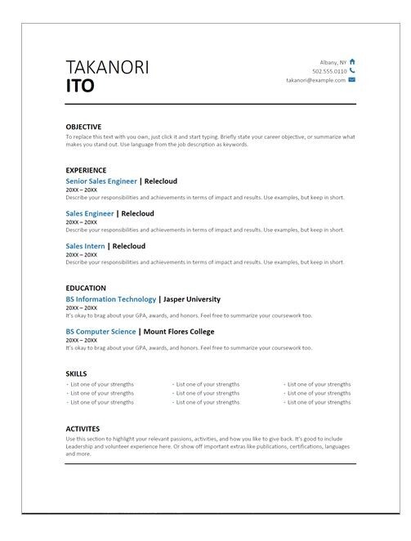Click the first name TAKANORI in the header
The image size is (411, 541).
tap(107, 67)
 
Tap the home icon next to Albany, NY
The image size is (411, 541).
tap(352, 61)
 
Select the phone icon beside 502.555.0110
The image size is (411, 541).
tap(352, 71)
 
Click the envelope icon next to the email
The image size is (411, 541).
tap(352, 80)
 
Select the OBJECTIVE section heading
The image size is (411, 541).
tap(83, 127)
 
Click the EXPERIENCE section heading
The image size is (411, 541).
tap(86, 171)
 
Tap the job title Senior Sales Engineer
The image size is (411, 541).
tap(101, 181)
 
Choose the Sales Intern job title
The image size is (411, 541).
tap(85, 245)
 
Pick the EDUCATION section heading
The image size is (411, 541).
tap(86, 288)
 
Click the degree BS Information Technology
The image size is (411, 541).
tap(110, 299)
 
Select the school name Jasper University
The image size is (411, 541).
tap(199, 299)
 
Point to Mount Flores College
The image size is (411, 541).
tap(178, 332)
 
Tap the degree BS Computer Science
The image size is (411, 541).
tap(100, 332)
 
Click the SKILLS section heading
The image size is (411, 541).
tap(76, 373)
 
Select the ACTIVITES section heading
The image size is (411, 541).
tap(83, 428)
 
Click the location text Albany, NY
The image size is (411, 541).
tap(333, 61)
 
